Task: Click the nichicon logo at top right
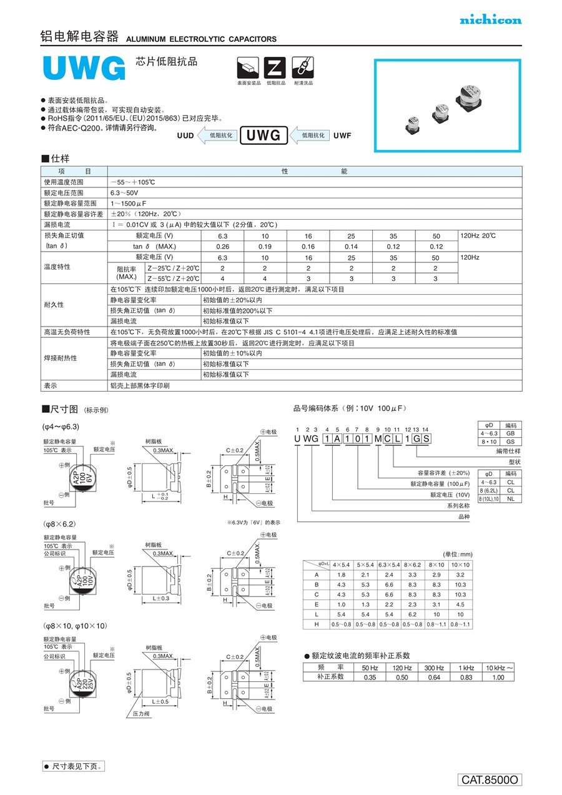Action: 490,20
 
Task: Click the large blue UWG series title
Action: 84,69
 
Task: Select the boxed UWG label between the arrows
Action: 264,135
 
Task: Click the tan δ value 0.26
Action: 222,247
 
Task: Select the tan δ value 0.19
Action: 265,247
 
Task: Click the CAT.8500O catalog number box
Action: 490,780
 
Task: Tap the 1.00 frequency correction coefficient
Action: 498,677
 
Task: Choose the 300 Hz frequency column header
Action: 434,668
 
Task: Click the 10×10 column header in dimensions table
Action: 460,565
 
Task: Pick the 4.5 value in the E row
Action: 460,605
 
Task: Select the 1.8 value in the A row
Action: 342,575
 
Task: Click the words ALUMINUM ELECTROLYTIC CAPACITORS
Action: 201,39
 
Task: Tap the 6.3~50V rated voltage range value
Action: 125,193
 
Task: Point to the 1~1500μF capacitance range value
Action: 129,204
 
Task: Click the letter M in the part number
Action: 378,439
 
